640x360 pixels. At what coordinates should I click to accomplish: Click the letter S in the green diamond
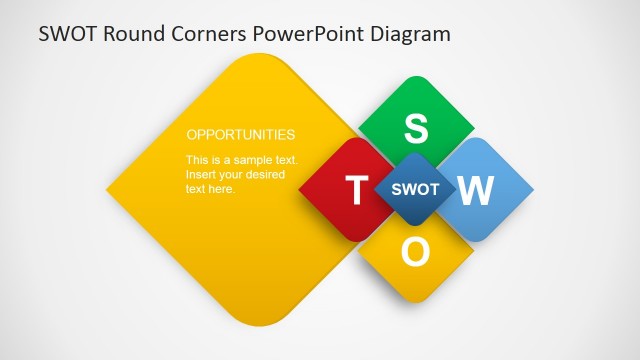click(415, 128)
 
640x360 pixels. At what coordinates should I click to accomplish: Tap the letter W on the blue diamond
click(476, 190)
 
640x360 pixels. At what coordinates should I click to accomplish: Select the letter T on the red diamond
click(356, 190)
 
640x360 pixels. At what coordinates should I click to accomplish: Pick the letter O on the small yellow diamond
click(415, 253)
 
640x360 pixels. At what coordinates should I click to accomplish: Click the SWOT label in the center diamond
click(415, 189)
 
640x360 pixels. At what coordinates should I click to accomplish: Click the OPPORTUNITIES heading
click(241, 134)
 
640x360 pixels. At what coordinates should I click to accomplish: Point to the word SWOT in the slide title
click(67, 34)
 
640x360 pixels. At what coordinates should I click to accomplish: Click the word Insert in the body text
click(202, 175)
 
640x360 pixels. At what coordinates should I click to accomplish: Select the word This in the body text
click(198, 160)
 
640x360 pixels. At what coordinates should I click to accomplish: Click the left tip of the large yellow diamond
click(108, 190)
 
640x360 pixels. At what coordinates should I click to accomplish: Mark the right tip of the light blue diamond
click(532, 189)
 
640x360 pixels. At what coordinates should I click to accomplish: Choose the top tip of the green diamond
click(415, 77)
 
